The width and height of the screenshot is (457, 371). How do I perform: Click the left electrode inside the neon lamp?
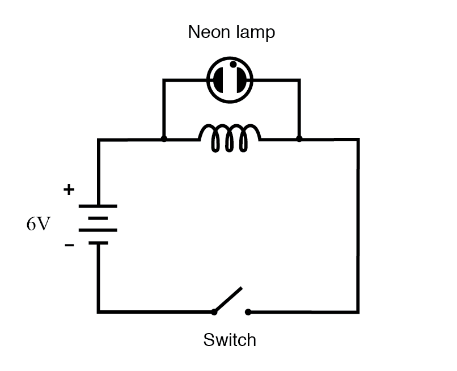coord(218,80)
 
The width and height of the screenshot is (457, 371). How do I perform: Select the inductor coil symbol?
coord(230,140)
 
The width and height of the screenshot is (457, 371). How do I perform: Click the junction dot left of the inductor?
coord(164,139)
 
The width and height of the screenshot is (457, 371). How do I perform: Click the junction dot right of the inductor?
coord(299,139)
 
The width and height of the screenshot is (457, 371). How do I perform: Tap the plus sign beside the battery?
coord(69,190)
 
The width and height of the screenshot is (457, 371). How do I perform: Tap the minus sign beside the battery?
coord(69,246)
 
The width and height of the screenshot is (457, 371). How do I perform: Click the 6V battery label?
coord(38,224)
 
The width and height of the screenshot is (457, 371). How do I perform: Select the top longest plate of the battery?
coord(98,206)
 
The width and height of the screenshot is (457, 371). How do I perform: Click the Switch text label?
coord(230,340)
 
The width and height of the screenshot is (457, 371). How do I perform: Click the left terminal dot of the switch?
coord(214,311)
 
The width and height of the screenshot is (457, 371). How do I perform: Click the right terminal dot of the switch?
coord(248,311)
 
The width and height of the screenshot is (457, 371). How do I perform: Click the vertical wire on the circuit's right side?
coord(358,227)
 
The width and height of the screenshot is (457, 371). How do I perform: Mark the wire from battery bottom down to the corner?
coord(98,278)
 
